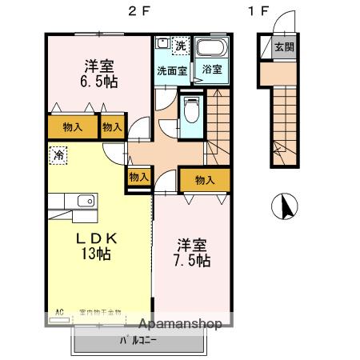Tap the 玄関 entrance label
(284, 46)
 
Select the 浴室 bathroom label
(212, 69)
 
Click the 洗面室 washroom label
(171, 70)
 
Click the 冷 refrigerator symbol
(59, 152)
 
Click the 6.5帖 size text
(98, 81)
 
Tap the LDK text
(97, 237)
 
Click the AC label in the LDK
(58, 312)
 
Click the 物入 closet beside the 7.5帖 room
(204, 179)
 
